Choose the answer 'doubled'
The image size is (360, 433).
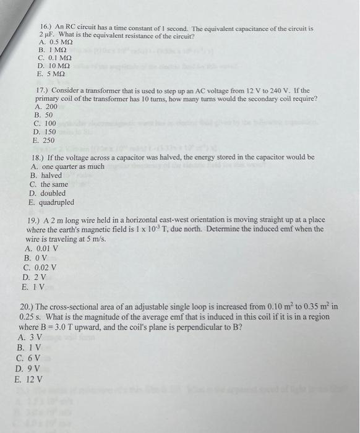[x=53, y=194]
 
